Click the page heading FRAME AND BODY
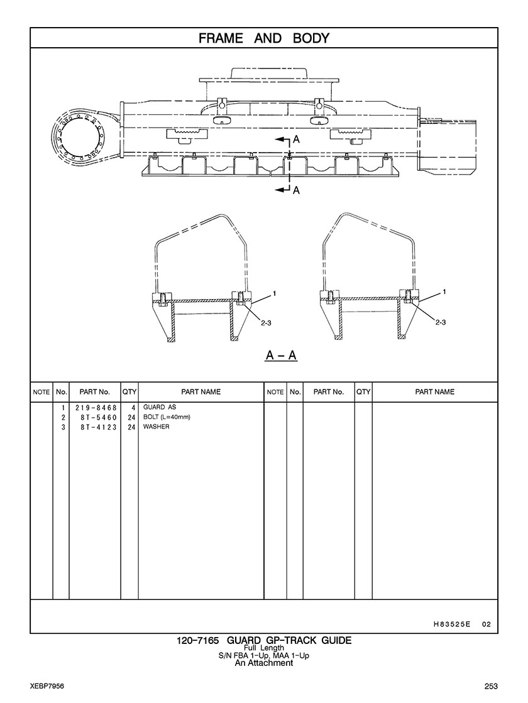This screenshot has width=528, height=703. (x=264, y=38)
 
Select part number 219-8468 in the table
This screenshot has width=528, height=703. (x=96, y=408)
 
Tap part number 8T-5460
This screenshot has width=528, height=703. (x=99, y=418)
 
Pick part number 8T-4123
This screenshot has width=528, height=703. (x=99, y=427)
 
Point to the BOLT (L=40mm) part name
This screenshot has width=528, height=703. (x=167, y=417)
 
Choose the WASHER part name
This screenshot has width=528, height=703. (x=156, y=427)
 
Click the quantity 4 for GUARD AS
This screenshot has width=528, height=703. (x=133, y=408)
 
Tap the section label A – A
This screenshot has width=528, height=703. (x=281, y=356)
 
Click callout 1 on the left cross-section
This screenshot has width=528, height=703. (x=274, y=293)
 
